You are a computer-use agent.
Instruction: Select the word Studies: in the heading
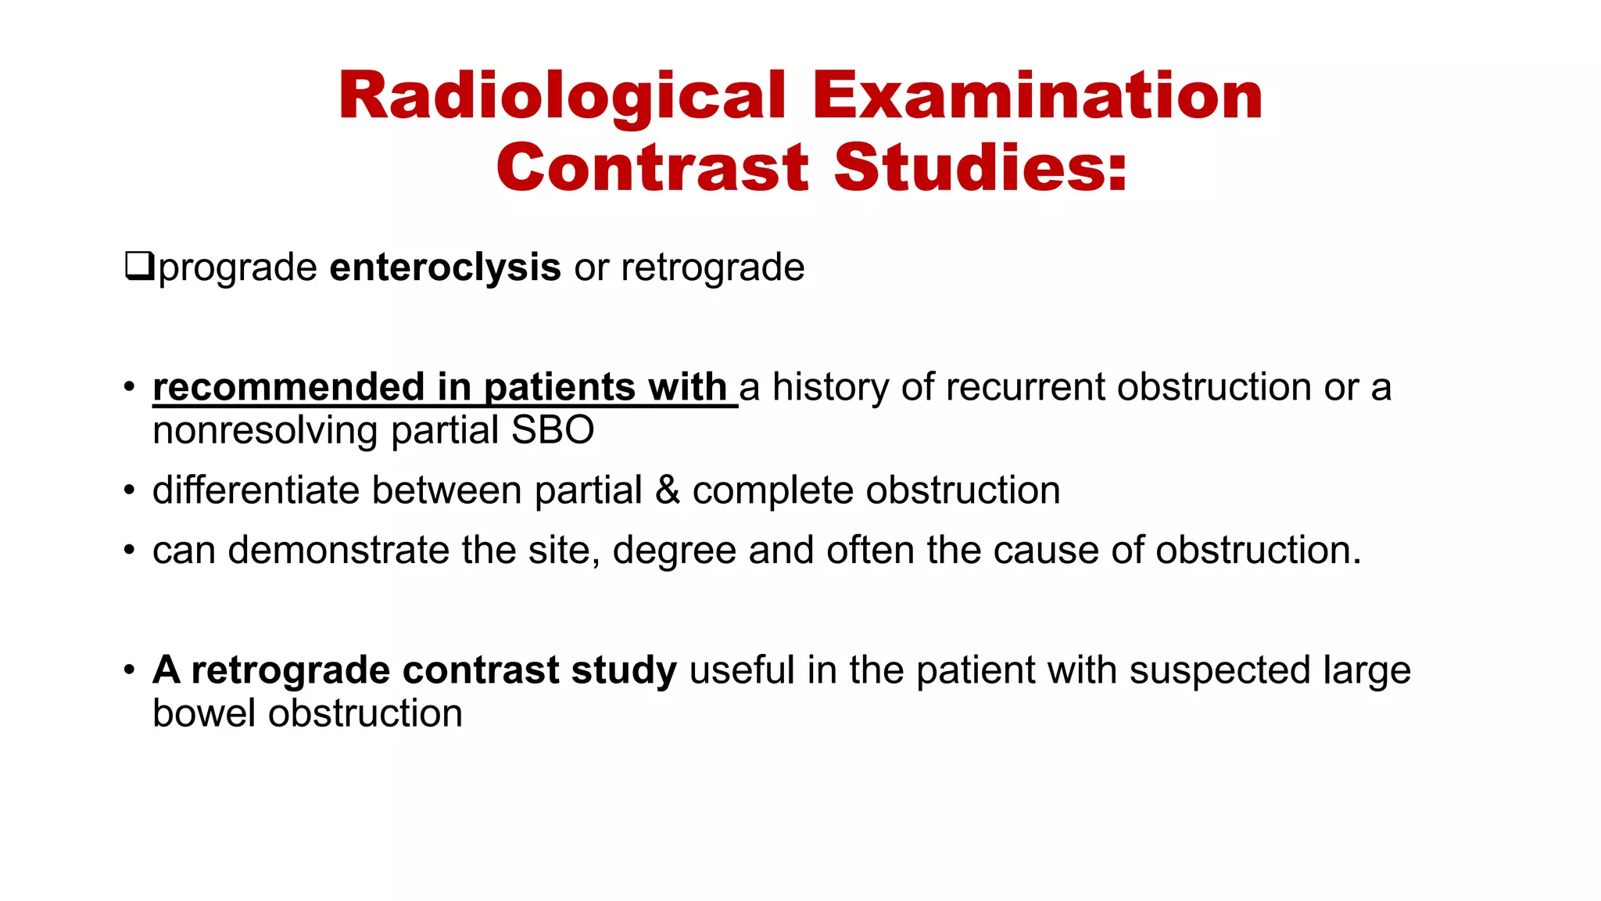pyautogui.click(x=981, y=167)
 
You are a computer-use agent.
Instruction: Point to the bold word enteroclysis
pyautogui.click(x=445, y=267)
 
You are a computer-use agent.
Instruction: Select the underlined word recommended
pyautogui.click(x=288, y=387)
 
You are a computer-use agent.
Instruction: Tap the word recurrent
pyautogui.click(x=1033, y=387)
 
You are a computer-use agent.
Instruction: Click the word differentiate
pyautogui.click(x=255, y=490)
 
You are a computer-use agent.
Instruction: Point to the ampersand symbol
pyautogui.click(x=667, y=490)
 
